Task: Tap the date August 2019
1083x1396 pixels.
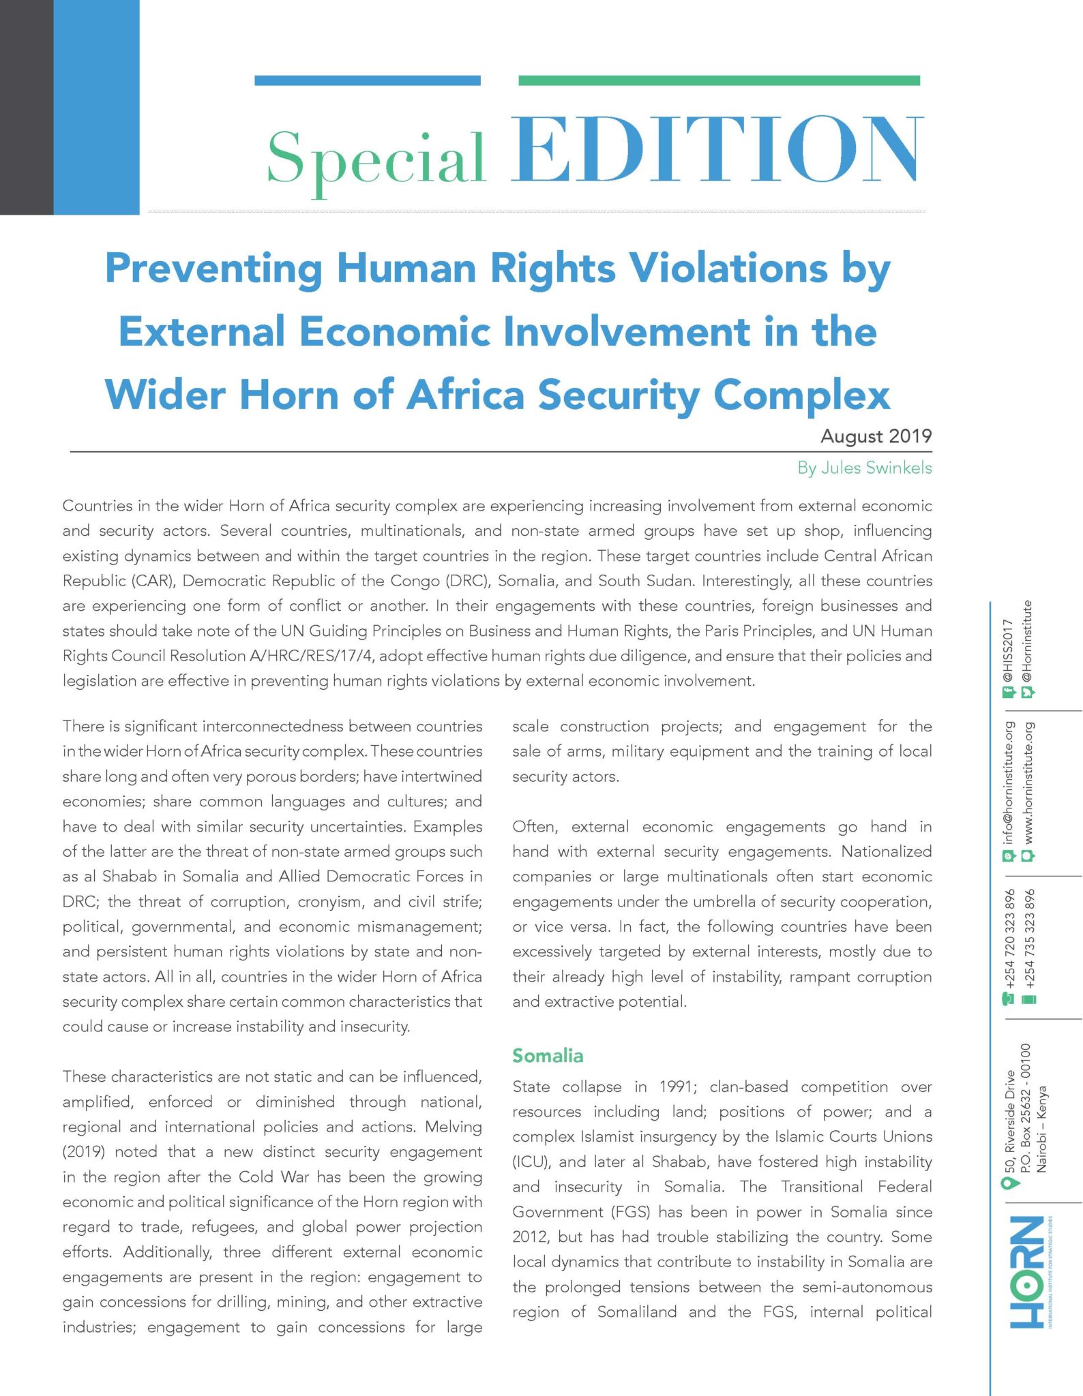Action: [876, 436]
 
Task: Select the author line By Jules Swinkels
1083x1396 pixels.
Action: [864, 468]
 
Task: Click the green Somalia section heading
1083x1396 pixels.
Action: [548, 1056]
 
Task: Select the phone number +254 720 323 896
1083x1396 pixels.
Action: [1009, 939]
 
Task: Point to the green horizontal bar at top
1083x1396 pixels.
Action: [719, 80]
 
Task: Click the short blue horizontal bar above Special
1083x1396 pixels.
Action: [367, 80]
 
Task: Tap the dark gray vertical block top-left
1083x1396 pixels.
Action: [26, 107]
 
